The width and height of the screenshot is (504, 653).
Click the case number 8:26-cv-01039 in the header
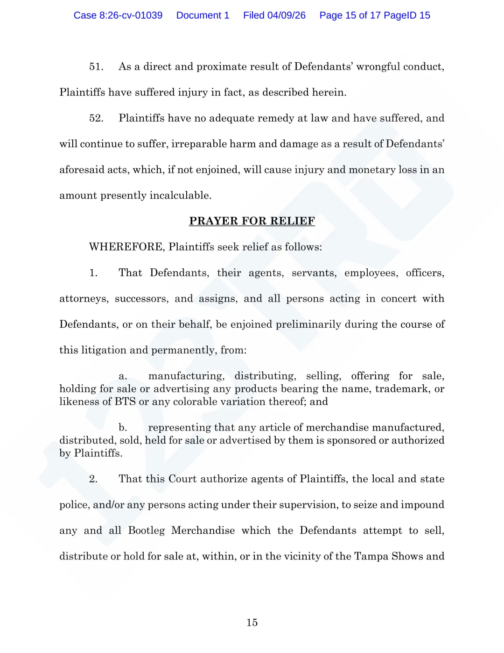(x=131, y=15)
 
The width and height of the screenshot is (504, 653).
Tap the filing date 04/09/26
(x=286, y=15)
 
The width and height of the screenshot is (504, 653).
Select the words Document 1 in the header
(x=203, y=15)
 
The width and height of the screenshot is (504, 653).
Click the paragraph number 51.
(x=96, y=67)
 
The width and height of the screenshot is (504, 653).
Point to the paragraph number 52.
(x=96, y=118)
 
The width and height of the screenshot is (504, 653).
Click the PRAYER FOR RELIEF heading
(x=252, y=221)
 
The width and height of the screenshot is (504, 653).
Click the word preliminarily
(x=308, y=324)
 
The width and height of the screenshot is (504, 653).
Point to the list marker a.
(x=123, y=376)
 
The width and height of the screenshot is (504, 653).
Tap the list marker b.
(x=123, y=428)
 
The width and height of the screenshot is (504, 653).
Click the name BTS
(x=125, y=402)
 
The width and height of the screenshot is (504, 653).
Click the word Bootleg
(x=147, y=531)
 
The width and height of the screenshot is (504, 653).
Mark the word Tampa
(x=371, y=556)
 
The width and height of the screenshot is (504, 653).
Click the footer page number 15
(x=252, y=623)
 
